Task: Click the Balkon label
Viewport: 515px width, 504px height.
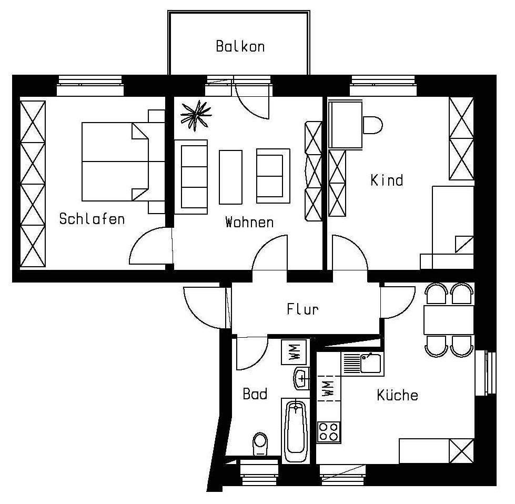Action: (x=240, y=46)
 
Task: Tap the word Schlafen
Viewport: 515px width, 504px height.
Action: (x=92, y=218)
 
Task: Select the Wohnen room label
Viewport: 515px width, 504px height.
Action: (x=249, y=222)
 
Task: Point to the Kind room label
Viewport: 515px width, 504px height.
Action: (x=387, y=180)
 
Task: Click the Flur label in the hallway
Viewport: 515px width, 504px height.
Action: (x=302, y=309)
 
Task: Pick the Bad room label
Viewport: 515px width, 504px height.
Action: (x=255, y=394)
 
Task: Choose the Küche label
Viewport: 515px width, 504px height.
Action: (x=397, y=395)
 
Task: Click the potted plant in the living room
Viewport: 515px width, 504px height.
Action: (x=196, y=114)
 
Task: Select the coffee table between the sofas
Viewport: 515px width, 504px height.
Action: (x=230, y=177)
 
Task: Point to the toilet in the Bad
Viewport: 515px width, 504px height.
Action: (x=260, y=443)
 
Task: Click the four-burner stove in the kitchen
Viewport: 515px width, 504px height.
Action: (x=329, y=432)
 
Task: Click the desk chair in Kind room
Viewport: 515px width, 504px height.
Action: (x=372, y=125)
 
